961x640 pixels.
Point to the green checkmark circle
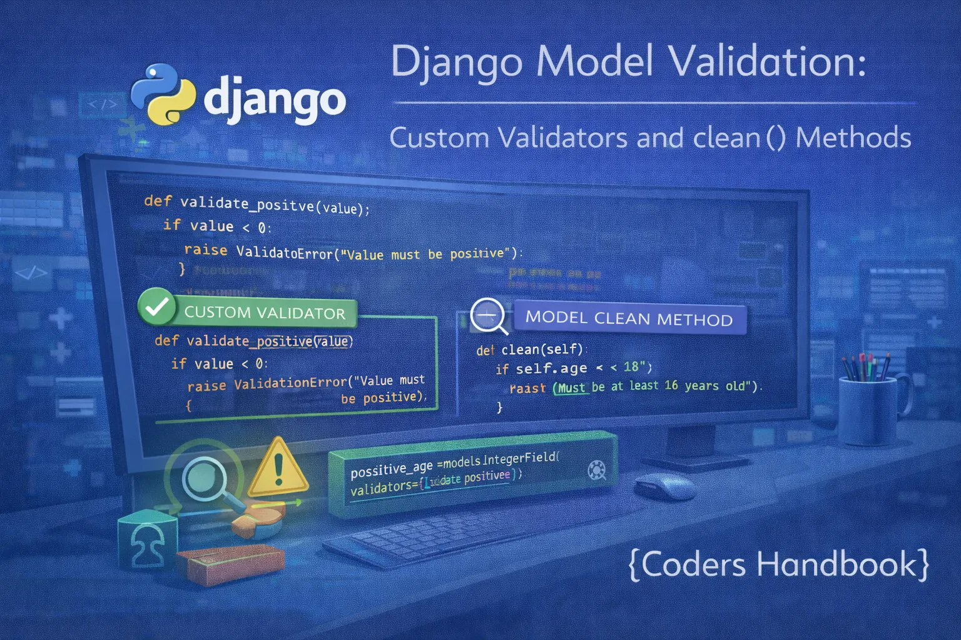[156, 306]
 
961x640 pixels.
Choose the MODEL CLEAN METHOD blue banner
[629, 319]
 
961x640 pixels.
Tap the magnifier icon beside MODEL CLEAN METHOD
[489, 315]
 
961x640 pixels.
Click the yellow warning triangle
[278, 469]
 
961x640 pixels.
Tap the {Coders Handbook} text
[778, 564]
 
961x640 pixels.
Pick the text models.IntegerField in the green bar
[501, 461]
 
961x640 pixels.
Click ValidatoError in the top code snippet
[284, 252]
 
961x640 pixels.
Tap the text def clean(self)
[529, 349]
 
